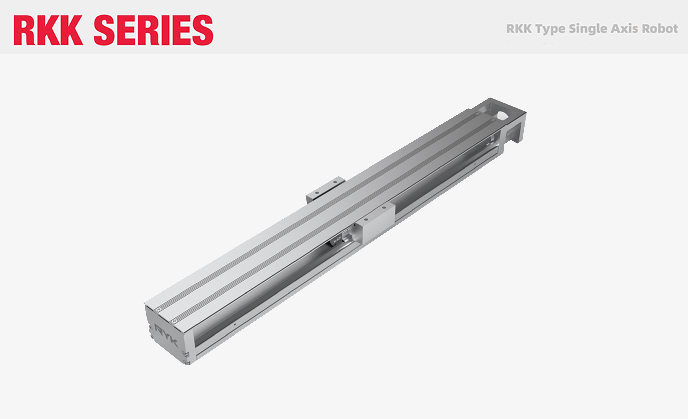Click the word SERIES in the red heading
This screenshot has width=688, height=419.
click(154, 30)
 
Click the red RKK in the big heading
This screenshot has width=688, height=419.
click(48, 30)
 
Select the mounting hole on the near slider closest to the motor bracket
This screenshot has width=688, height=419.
click(384, 208)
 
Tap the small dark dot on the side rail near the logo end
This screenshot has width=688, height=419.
click(235, 324)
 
